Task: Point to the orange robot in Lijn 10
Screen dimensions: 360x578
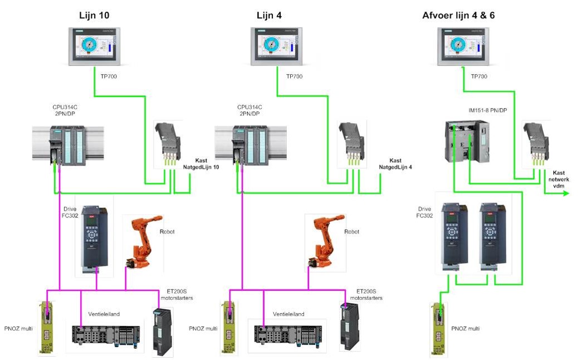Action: pos(142,240)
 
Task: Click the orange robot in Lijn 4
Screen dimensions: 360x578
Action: pos(325,240)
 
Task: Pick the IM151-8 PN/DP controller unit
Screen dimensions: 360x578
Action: pos(467,142)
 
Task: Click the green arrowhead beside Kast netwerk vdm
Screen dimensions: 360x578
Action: pos(566,193)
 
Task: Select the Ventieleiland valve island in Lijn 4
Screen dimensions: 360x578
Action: pos(290,334)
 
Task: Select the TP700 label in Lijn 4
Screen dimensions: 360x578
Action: pos(294,76)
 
